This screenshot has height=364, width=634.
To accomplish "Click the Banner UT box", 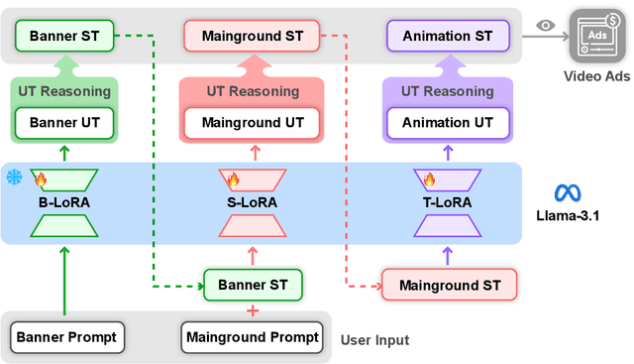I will tap(64, 124).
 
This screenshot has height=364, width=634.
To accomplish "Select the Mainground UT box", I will tap(253, 124).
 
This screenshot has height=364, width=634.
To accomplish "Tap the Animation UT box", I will tap(447, 124).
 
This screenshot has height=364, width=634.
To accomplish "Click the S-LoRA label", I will tap(252, 203).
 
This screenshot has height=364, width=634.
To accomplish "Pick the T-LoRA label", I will tap(447, 203).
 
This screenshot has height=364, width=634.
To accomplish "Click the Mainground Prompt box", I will tap(253, 337).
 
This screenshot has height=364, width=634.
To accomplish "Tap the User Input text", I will tap(374, 340).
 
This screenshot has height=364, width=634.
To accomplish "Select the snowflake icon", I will tap(14, 178).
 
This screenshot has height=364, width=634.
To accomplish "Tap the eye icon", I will tap(544, 27).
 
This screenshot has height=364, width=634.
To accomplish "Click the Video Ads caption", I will tap(592, 76).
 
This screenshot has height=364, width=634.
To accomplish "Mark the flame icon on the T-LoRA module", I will tap(430, 181).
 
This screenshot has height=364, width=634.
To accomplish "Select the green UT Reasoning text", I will tap(64, 90).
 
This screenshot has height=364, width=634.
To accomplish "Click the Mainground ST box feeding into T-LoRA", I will tap(447, 286).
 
